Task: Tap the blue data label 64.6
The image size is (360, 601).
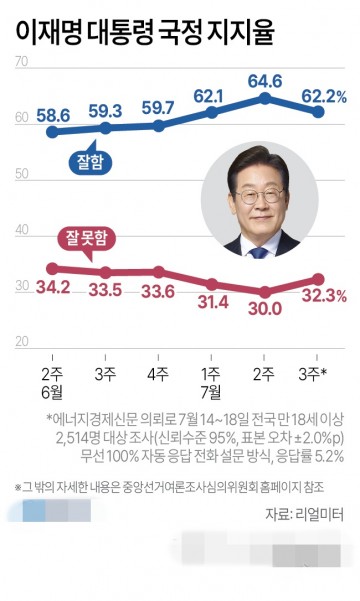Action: (264, 79)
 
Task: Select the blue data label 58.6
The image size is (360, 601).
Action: (52, 115)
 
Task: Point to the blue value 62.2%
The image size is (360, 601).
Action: (323, 97)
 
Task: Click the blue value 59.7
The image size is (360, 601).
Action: (158, 107)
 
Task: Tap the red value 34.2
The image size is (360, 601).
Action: (52, 290)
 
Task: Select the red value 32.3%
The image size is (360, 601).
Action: (322, 295)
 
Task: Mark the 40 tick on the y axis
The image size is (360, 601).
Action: (22, 231)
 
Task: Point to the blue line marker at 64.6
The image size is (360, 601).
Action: (264, 97)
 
